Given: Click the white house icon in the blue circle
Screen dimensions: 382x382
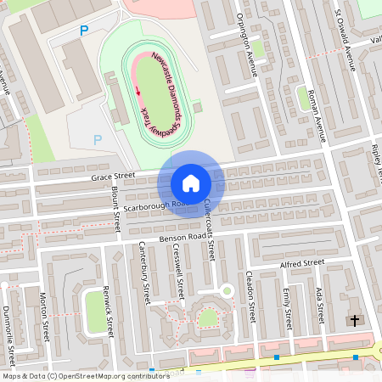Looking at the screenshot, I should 191,183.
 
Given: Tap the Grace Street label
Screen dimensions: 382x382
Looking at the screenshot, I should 113,177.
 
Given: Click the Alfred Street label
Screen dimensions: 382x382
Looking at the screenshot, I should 302,264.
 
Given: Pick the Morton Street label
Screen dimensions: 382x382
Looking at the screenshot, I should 42,314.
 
